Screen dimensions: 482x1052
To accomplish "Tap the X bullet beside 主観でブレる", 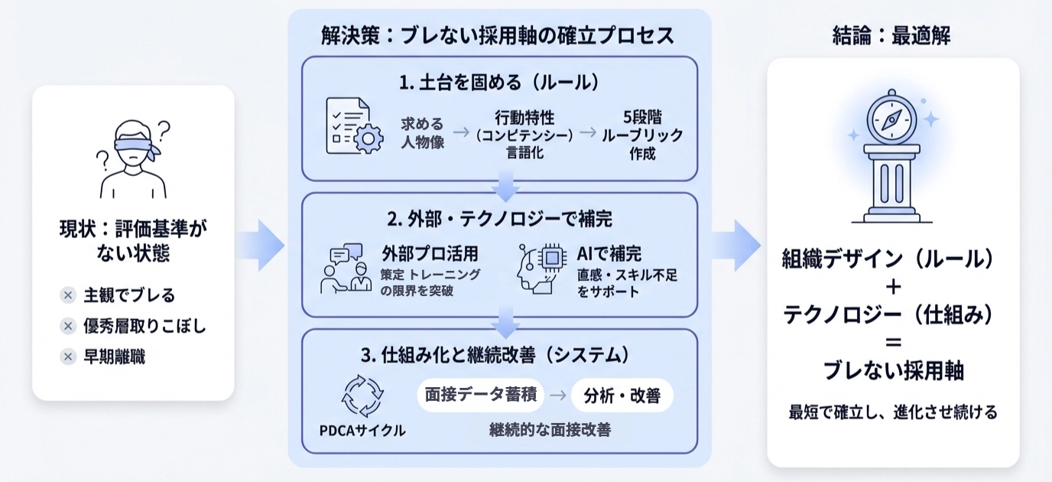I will click(x=68, y=295).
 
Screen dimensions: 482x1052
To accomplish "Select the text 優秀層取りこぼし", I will click(x=144, y=327).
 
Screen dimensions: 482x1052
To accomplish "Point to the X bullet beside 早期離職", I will click(x=68, y=357).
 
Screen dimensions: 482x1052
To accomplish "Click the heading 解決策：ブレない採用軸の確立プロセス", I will click(x=498, y=34).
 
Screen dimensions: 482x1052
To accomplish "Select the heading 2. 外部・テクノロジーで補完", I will click(x=499, y=219).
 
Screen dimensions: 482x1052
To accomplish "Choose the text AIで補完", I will click(x=609, y=254).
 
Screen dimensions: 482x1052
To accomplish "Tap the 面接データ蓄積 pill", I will click(x=480, y=395).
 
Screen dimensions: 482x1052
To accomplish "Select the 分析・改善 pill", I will click(x=622, y=396).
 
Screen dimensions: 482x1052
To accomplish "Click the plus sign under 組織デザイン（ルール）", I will click(x=892, y=288).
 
